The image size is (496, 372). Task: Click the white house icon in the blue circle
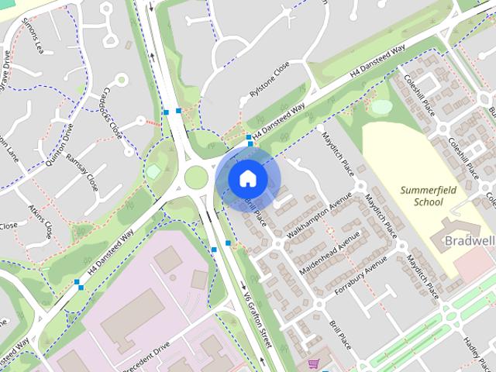tap(247, 178)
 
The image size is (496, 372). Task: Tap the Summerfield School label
tap(422, 196)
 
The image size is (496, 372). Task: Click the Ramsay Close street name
tap(82, 171)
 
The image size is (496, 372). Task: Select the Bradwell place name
tap(468, 242)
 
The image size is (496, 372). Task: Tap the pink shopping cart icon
tap(313, 363)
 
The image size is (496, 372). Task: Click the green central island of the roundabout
tap(196, 177)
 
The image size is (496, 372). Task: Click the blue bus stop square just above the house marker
tap(250, 138)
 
